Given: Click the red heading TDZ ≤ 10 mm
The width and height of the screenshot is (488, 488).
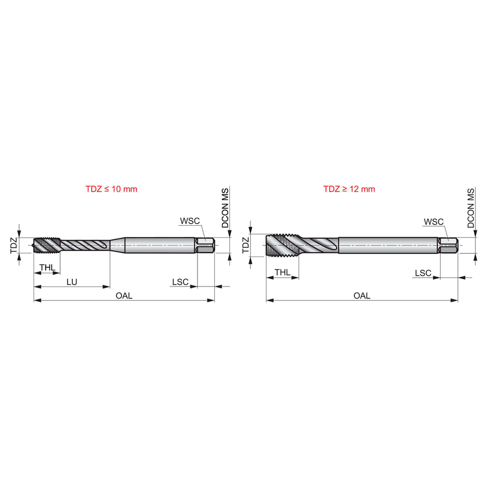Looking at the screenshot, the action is point(111,189).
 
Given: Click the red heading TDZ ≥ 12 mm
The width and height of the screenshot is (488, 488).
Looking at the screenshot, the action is point(349,189).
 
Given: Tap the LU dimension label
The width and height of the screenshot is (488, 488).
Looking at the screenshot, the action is point(72,282).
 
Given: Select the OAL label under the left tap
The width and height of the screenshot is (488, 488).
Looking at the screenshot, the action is point(124,296).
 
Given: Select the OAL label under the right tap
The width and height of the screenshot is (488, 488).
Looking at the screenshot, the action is point(362,296).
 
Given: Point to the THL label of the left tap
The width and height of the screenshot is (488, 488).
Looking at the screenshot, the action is point(47,268).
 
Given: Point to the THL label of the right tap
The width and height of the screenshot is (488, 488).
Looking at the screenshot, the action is point(282,272).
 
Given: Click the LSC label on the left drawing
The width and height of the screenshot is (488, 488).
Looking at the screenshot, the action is point(180,282).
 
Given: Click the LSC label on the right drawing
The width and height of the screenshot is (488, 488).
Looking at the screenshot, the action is point(423,273).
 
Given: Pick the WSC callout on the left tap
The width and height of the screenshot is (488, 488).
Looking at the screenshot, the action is point(190,221).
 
